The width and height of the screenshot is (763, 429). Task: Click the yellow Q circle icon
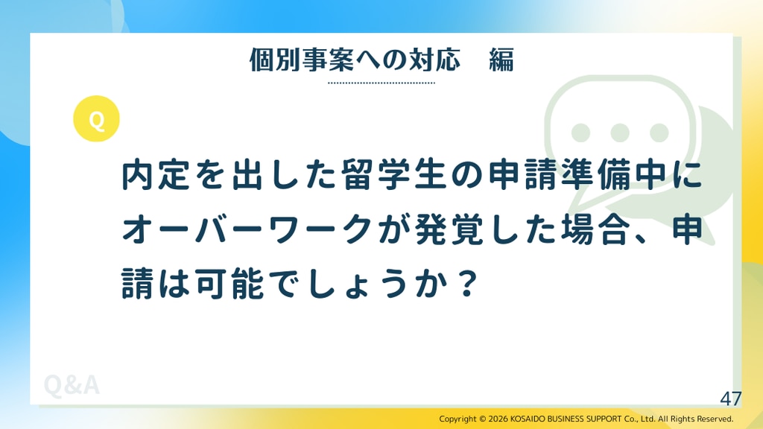[96, 118]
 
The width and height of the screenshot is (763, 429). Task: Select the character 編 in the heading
[501, 60]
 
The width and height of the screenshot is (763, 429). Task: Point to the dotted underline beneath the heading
[381, 83]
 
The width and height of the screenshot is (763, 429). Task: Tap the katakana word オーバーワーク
[247, 229]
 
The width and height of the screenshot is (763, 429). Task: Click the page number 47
[731, 399]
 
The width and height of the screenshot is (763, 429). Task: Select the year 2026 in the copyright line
[498, 419]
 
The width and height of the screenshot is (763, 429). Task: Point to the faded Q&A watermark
[72, 385]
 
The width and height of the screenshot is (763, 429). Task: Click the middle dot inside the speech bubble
[619, 133]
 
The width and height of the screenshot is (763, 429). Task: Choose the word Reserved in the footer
[715, 419]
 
